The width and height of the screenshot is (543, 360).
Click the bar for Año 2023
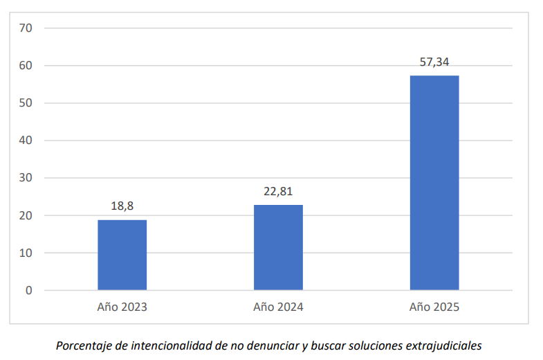pyautogui.click(x=122, y=255)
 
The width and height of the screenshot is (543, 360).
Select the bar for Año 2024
pyautogui.click(x=278, y=247)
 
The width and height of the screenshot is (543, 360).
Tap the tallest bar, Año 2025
pyautogui.click(x=434, y=183)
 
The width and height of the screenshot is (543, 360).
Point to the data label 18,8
pyautogui.click(x=122, y=206)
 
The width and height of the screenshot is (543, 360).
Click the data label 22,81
pyautogui.click(x=278, y=192)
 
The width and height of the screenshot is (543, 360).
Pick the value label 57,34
pyautogui.click(x=434, y=62)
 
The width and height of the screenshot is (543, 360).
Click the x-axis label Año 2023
pyautogui.click(x=122, y=307)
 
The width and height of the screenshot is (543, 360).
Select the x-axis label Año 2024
pyautogui.click(x=278, y=307)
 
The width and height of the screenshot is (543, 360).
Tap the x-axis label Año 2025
pyautogui.click(x=434, y=307)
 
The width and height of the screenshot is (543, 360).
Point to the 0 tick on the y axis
pyautogui.click(x=28, y=290)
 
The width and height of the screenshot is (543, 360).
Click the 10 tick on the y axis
pyautogui.click(x=27, y=253)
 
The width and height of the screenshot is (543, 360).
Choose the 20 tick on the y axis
pyautogui.click(x=27, y=215)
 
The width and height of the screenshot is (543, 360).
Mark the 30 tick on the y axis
pyautogui.click(x=27, y=178)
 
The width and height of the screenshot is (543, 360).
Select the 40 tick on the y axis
pyautogui.click(x=27, y=141)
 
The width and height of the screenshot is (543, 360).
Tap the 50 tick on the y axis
pyautogui.click(x=27, y=103)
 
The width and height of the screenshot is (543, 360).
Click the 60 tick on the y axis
pyautogui.click(x=27, y=66)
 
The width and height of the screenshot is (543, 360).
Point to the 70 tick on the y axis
pyautogui.click(x=27, y=28)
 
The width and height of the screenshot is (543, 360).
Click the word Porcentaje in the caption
pyautogui.click(x=82, y=345)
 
